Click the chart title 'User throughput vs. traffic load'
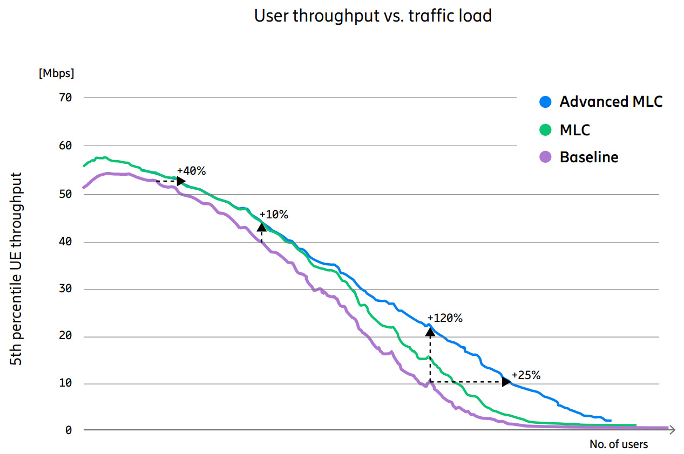(x=373, y=16)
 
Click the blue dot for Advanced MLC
(x=546, y=101)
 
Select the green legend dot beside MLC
(x=546, y=130)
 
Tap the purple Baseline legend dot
(x=546, y=157)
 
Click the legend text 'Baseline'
(x=588, y=157)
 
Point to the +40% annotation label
(x=191, y=171)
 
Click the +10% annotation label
(x=274, y=215)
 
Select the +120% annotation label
(x=445, y=318)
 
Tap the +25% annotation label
(x=526, y=375)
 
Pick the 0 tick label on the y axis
(x=69, y=430)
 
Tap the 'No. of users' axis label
(x=619, y=444)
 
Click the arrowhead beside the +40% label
(x=181, y=181)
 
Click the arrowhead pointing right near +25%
(x=506, y=382)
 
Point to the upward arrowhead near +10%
(x=262, y=226)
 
